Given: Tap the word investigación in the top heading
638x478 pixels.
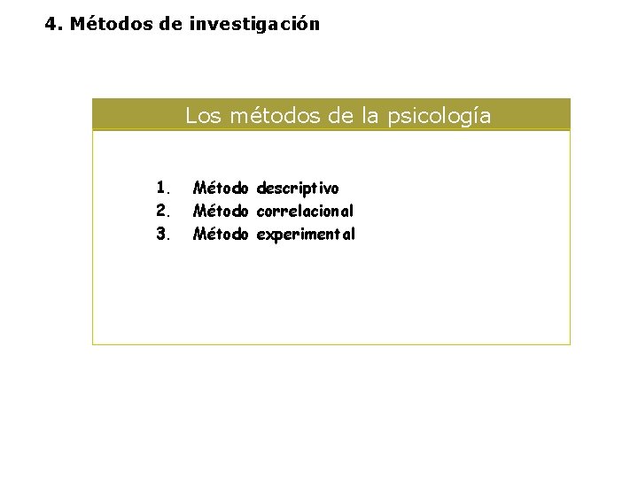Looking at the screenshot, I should pos(254,24).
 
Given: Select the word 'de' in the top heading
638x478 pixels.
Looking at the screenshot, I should pos(172,24).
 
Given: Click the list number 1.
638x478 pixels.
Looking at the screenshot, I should pos(162,188).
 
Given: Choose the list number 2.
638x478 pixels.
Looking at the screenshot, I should pos(162,211).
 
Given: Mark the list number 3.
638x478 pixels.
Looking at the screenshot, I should pos(162,235).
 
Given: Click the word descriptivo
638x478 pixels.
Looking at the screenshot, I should pos(298,189).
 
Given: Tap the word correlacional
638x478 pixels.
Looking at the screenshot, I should pos(306,211).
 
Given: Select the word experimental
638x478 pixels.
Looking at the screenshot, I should pos(306,235).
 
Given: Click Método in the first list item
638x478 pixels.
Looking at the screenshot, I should pos(222,188).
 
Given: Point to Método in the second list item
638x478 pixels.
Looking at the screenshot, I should pos(222,211).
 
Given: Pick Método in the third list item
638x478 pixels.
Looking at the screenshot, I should pos(222,235).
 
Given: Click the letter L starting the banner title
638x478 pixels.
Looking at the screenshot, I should pos(191,116).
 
